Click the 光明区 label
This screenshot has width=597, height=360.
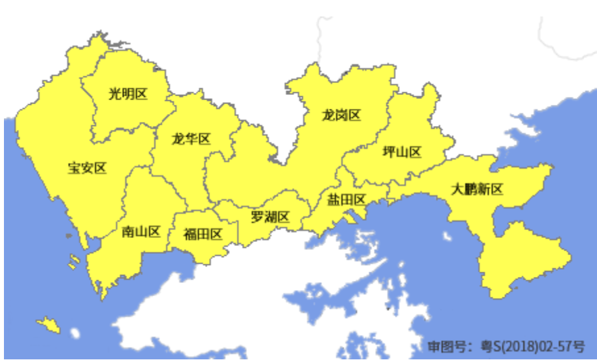coord(128,94)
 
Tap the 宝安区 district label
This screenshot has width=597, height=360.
coord(87,167)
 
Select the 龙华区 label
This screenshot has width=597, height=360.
coord(190,139)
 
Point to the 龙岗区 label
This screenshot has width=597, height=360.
coord(341,115)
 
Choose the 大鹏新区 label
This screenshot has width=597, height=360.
coord(477,190)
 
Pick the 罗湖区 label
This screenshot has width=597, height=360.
coord(270,217)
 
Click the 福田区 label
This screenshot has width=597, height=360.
coord(202,233)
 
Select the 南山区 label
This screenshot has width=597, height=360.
coord(142,231)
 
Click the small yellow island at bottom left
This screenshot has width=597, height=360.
coord(49,324)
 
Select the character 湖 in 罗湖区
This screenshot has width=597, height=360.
coord(270,217)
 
